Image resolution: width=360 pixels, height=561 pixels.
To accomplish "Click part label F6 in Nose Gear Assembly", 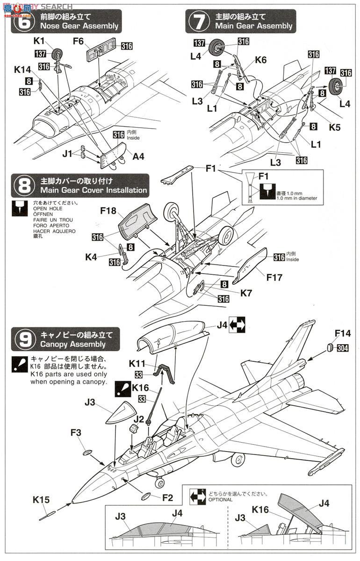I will coord(78,42).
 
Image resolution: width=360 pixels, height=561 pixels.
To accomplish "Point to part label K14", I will coord(22,70).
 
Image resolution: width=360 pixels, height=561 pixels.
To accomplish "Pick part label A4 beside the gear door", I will coord(138,156).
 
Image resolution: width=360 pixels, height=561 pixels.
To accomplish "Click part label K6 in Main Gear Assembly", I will coord(260,60).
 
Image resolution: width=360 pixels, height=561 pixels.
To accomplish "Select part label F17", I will coord(274,277).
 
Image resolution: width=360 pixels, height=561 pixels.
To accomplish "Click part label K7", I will coord(246,294).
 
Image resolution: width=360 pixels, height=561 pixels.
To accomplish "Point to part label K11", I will coord(137,363).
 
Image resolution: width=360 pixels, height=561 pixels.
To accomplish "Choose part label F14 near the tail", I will coord(342,333).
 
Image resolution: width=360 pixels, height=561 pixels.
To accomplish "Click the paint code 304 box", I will coord(342,348).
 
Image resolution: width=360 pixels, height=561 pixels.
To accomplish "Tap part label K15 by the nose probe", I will coord(41,500).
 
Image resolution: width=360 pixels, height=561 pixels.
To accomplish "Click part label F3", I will coord(76,433).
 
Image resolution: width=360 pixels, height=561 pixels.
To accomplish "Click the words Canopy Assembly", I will coord(73,345).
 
